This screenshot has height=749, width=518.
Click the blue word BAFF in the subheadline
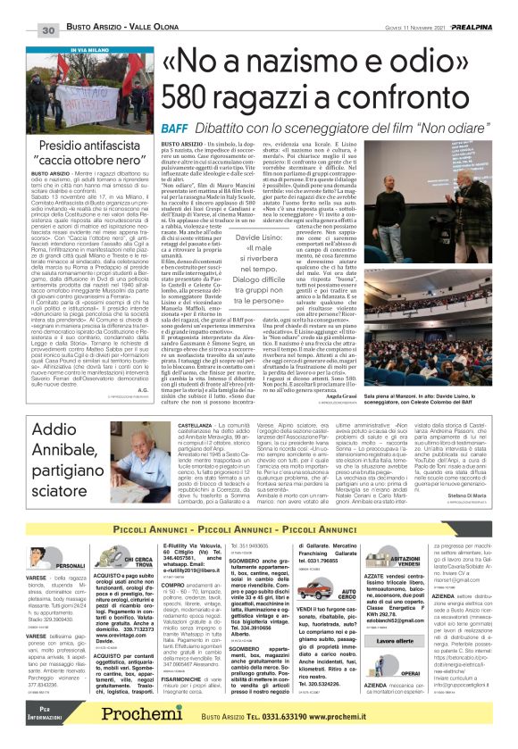[x=176, y=129]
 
